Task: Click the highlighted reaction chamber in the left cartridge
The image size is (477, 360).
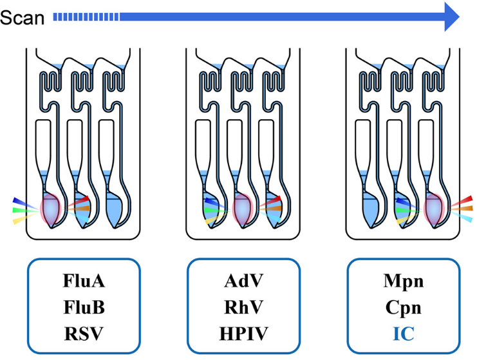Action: (52, 209)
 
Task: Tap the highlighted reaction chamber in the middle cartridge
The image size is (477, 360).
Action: (243, 209)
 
